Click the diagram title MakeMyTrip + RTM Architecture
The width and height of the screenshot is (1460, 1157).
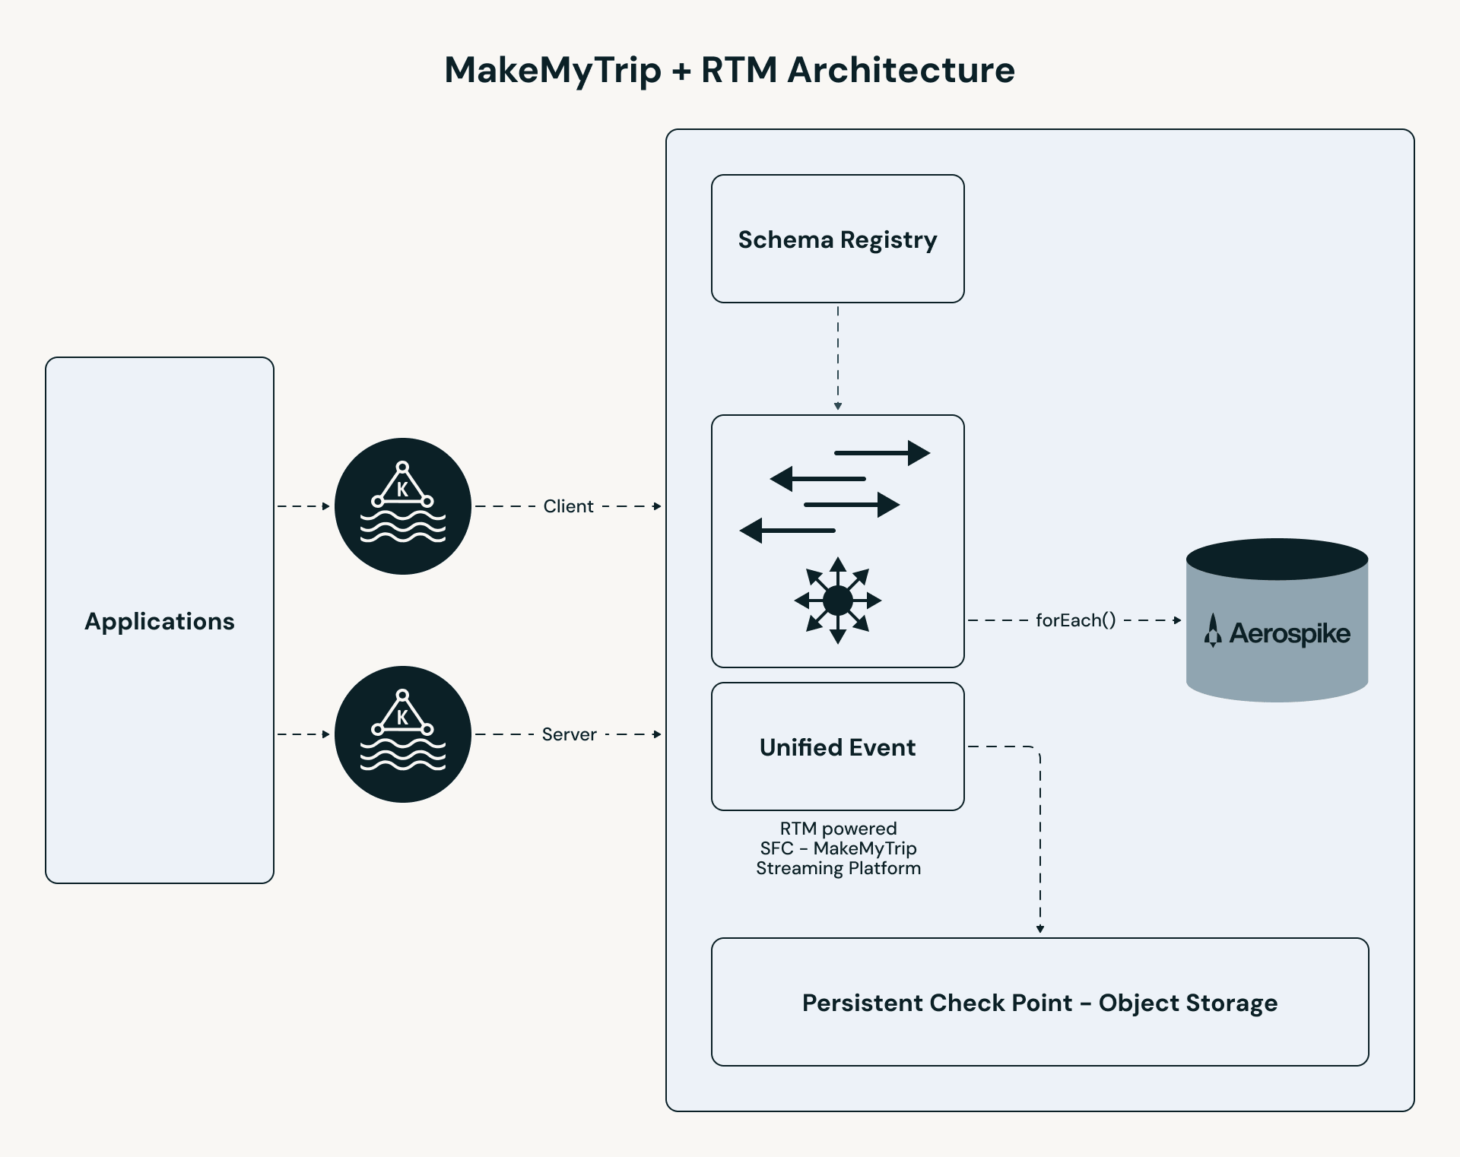pyautogui.click(x=729, y=70)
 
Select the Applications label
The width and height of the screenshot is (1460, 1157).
pyautogui.click(x=160, y=621)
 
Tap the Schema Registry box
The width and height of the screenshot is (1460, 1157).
pyautogui.click(x=837, y=239)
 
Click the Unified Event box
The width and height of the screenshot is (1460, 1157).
pyautogui.click(x=837, y=747)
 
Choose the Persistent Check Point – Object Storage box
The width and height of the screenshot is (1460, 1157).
pyautogui.click(x=1039, y=1003)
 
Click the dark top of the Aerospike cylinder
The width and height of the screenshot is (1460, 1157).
pyautogui.click(x=1277, y=559)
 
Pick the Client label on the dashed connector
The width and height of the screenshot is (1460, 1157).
pyautogui.click(x=568, y=506)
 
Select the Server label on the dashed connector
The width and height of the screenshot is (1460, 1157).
pyautogui.click(x=569, y=734)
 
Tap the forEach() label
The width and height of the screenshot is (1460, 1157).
pyautogui.click(x=1075, y=620)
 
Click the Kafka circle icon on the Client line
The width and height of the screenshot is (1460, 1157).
pyautogui.click(x=403, y=506)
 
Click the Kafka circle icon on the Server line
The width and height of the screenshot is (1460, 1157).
pyautogui.click(x=403, y=734)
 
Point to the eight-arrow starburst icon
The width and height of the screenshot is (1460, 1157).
pyautogui.click(x=837, y=601)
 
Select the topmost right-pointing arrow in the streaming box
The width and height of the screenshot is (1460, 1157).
pyautogui.click(x=882, y=453)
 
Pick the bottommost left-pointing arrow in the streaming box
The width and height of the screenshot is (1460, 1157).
pyautogui.click(x=787, y=530)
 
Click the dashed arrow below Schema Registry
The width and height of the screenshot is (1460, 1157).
pyautogui.click(x=837, y=357)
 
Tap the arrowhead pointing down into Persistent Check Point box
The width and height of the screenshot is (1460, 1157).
pyautogui.click(x=1039, y=929)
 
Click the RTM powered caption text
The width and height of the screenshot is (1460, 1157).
pyautogui.click(x=838, y=829)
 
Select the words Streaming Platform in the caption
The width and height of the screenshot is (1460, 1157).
pyautogui.click(x=838, y=868)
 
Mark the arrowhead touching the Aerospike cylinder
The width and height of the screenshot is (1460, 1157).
pyautogui.click(x=1177, y=620)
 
